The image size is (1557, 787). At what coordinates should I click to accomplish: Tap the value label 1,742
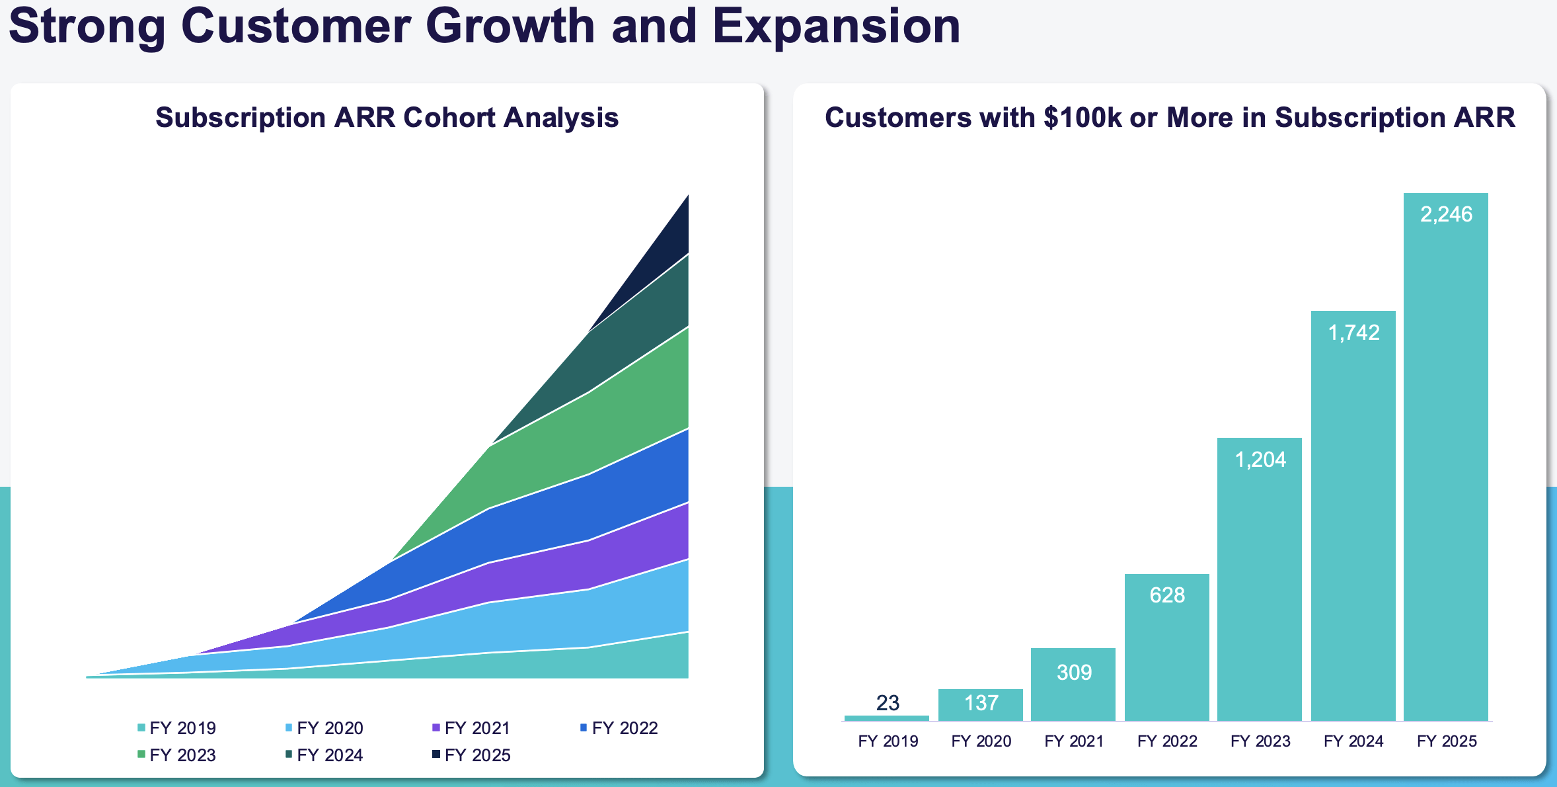(x=1353, y=333)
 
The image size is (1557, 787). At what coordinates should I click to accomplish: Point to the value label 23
(x=888, y=702)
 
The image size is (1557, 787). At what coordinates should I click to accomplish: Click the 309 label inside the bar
(x=1074, y=673)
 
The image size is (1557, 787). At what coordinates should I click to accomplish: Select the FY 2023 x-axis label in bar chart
(x=1260, y=741)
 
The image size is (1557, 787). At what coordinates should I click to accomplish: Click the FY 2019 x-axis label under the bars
(x=888, y=741)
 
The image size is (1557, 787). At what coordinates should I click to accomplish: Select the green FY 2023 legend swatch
(x=141, y=754)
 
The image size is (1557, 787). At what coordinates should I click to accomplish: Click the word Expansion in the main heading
(x=836, y=26)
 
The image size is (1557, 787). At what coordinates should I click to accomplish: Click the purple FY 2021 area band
(x=595, y=562)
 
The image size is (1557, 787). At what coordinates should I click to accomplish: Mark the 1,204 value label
(x=1260, y=460)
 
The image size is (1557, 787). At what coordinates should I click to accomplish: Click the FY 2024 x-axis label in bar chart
(x=1353, y=741)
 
